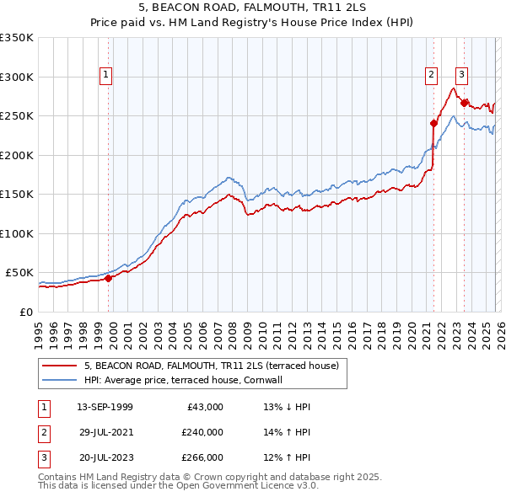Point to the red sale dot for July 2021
pyautogui.click(x=433, y=123)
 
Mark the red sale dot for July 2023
pyautogui.click(x=464, y=103)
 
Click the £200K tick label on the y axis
pyautogui.click(x=16, y=155)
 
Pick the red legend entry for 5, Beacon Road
pyautogui.click(x=211, y=366)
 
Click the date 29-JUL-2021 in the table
pyautogui.click(x=105, y=432)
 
